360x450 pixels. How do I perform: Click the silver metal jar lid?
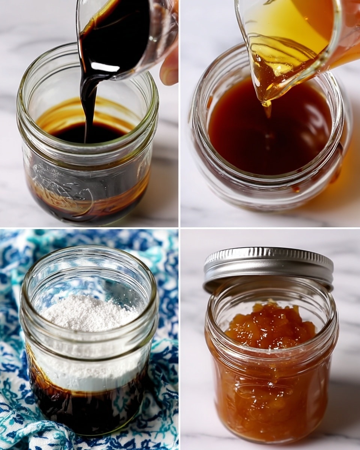(268, 264)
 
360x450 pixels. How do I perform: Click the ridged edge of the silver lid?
(268, 277)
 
